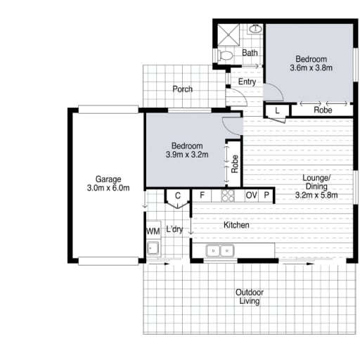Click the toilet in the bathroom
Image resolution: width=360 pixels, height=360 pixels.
225,56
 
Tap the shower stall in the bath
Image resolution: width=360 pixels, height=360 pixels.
229,35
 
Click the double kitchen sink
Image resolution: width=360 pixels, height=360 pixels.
220,251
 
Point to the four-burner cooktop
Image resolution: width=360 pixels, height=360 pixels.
228,195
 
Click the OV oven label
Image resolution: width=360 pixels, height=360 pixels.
251,195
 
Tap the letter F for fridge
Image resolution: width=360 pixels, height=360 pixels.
202,195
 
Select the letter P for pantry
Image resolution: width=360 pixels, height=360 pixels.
266,195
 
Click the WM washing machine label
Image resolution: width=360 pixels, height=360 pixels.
153,231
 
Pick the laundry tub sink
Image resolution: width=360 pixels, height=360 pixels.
153,247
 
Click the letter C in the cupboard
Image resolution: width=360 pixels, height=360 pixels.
178,195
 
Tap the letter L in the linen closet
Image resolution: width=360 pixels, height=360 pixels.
277,110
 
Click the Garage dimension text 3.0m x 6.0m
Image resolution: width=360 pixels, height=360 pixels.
108,188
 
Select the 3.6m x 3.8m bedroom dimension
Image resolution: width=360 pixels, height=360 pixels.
311,68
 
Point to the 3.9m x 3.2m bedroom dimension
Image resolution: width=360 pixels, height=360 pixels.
187,155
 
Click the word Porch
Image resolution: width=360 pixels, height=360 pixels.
183,89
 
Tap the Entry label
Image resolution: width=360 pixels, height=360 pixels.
247,82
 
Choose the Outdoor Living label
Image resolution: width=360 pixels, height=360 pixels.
250,297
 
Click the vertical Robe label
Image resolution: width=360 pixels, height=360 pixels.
235,164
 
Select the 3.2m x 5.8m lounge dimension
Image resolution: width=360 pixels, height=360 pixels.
316,195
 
